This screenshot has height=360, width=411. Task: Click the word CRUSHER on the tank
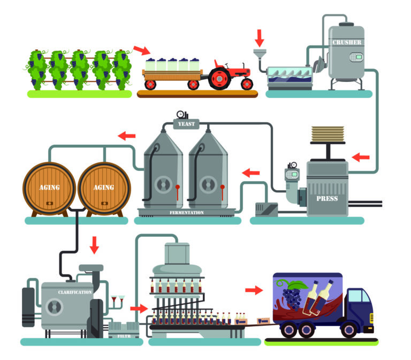tap(347, 42)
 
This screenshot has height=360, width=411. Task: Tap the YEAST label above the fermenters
tap(183, 125)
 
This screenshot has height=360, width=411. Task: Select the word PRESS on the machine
tap(327, 198)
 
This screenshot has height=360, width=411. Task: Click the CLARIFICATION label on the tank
tap(75, 292)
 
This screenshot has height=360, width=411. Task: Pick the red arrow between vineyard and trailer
tap(142, 51)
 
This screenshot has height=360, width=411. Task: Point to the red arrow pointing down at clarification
tap(95, 245)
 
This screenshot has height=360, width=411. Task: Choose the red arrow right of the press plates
tap(361, 157)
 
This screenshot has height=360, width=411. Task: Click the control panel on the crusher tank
tap(355, 57)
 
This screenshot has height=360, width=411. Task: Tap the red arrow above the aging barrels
tap(127, 136)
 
